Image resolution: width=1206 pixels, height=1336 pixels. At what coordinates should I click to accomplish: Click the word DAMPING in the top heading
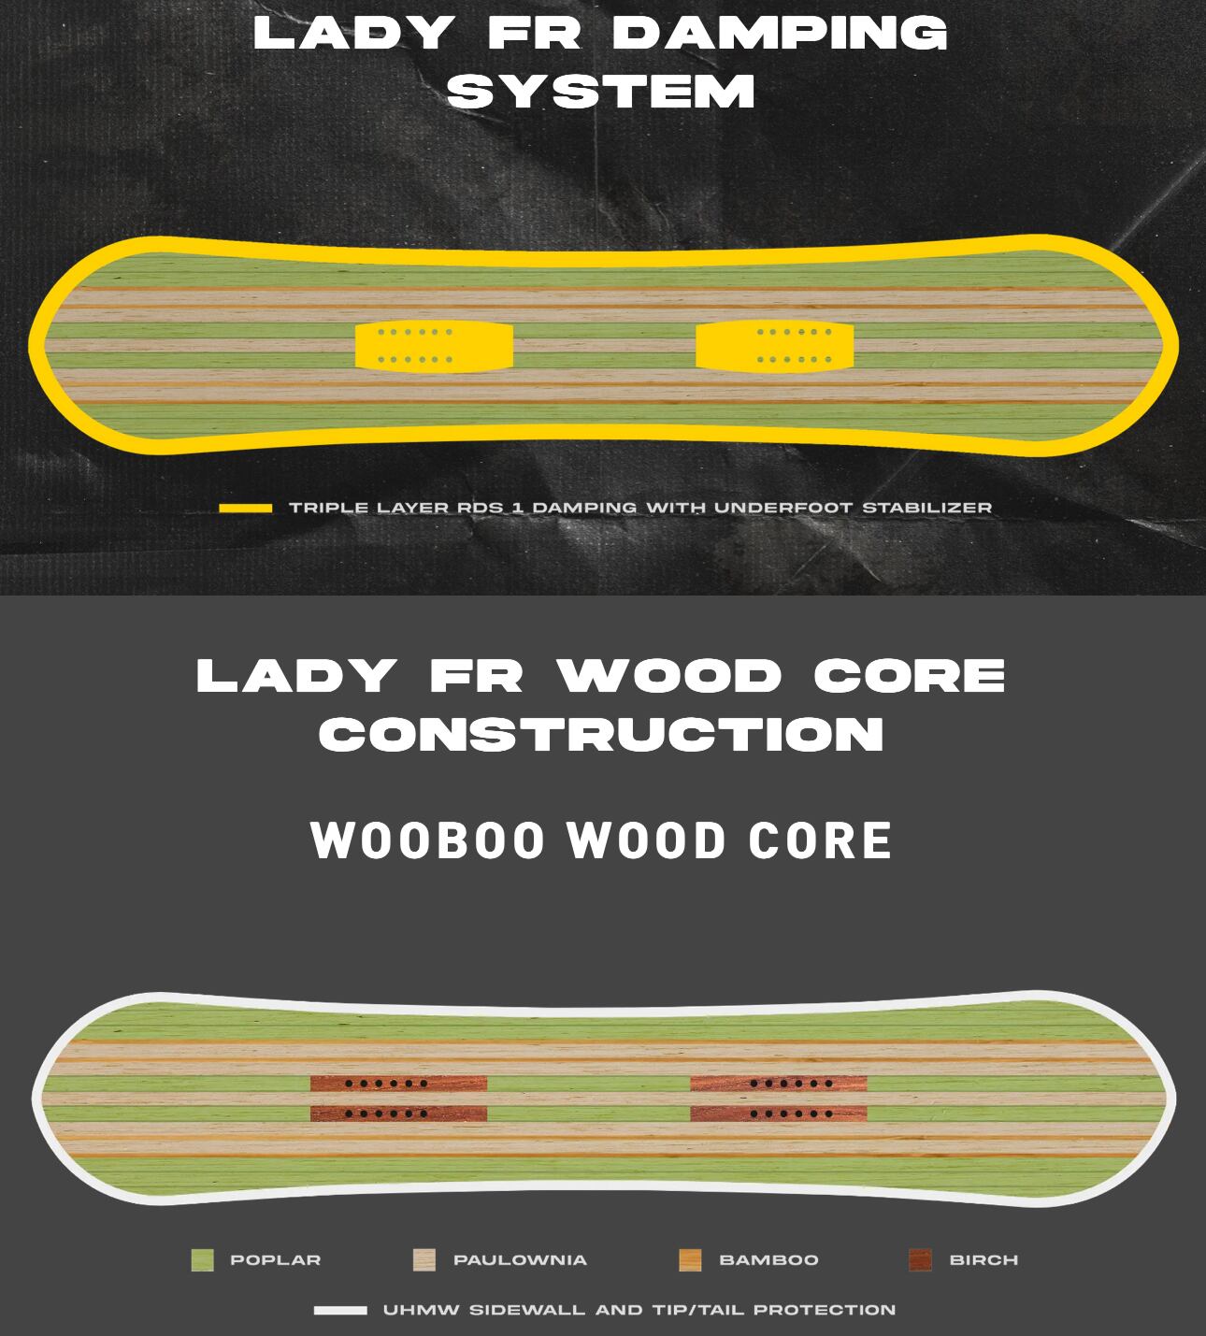(780, 34)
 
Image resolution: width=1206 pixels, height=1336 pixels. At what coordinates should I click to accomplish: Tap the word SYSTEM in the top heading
(601, 92)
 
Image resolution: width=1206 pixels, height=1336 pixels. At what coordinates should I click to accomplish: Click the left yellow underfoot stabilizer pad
(434, 346)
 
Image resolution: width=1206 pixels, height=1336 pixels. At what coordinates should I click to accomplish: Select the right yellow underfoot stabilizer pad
(774, 346)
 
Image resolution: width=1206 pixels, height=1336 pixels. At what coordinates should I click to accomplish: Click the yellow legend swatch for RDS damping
(246, 508)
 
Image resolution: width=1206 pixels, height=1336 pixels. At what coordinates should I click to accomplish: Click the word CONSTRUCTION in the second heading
(601, 734)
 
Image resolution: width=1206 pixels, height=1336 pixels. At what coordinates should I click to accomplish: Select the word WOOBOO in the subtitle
(427, 840)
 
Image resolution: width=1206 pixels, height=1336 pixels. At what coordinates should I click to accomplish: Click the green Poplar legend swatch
(202, 1260)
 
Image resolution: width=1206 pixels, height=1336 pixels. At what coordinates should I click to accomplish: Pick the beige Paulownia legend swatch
(424, 1260)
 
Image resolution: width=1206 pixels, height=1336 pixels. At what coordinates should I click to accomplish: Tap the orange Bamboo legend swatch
(690, 1260)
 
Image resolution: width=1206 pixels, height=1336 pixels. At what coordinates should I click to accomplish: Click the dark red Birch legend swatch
(920, 1260)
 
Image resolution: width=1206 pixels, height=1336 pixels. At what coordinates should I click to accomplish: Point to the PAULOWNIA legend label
(520, 1260)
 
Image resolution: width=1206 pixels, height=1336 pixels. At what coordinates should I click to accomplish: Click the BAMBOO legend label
(768, 1260)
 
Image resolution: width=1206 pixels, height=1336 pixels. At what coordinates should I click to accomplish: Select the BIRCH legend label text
(983, 1260)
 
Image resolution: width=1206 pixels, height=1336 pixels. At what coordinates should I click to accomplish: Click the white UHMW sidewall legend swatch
(340, 1310)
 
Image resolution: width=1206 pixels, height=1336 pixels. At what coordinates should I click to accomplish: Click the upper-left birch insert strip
(398, 1084)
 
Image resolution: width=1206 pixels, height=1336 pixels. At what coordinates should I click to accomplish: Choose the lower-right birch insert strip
(778, 1113)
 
